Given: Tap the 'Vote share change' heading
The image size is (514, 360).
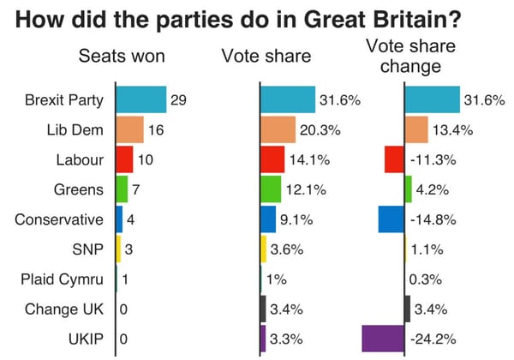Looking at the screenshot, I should pos(410,56).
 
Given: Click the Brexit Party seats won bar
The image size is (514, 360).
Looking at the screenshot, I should pos(140,99).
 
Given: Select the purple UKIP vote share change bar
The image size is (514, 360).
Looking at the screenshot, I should pos(383,339).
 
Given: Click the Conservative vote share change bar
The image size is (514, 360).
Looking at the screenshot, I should pos(391,219).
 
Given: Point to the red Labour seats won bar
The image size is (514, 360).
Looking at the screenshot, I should pos(124,159).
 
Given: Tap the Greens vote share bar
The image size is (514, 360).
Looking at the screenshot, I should pos(271,189).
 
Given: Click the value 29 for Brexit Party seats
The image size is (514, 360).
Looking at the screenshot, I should pos(178,100).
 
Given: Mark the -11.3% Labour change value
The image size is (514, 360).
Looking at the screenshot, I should pos(433,160).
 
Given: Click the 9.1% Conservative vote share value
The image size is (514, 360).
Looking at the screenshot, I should pos(296,219).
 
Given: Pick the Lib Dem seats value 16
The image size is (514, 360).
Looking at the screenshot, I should pos(156,130).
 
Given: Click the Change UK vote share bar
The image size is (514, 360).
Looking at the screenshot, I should pos(263,309).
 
